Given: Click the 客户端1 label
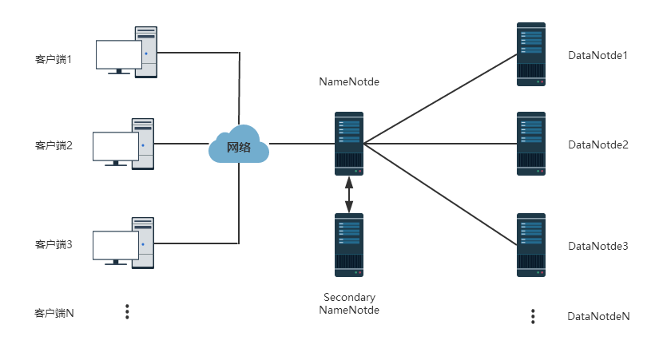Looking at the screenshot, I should point(54,59).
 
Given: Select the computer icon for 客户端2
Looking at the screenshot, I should point(125,144).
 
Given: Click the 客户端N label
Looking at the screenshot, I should point(54,313).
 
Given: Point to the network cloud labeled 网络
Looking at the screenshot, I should point(239,145).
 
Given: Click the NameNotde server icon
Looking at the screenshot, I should point(349,144).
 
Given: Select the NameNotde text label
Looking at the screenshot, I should point(348,81).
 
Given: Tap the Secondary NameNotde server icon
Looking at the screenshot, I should point(349,245).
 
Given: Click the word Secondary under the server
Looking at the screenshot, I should point(349,298).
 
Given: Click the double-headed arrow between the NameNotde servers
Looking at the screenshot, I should point(349,194).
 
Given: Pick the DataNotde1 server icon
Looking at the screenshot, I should point(531,54).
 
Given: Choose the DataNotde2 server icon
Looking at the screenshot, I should point(531,144).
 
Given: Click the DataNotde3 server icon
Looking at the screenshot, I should point(531,244).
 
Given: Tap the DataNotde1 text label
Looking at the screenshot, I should point(598,55).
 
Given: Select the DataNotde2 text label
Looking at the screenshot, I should point(598,144).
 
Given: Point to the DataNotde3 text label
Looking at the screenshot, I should point(598,246).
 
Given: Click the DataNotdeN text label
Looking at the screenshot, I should point(598,316).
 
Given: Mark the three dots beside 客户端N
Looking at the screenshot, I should point(127,312).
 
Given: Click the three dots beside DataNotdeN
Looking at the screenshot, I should point(533,316).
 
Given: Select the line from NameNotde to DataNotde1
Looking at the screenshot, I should point(439,100).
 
